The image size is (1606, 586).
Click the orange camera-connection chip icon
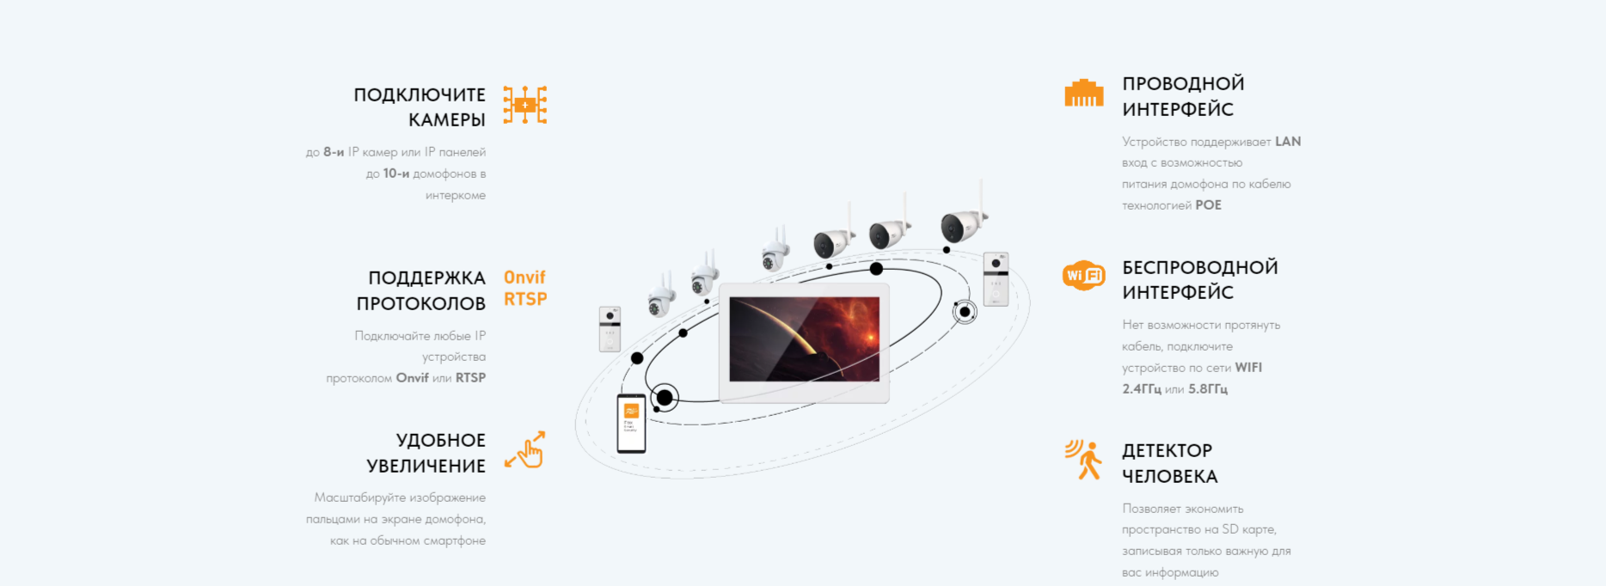[524, 105]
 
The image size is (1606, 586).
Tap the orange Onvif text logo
[524, 278]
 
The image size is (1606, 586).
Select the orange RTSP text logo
[525, 299]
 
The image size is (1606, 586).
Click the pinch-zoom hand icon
[525, 449]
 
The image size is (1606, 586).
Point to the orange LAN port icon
[1083, 93]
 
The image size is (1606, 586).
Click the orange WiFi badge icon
[1083, 275]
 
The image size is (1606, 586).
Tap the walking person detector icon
[1084, 459]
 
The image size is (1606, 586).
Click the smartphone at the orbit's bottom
[631, 423]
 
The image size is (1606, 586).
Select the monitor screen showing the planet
[804, 339]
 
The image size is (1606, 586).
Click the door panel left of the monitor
[610, 328]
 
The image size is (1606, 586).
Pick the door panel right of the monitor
[996, 278]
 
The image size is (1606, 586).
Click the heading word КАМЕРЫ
[447, 120]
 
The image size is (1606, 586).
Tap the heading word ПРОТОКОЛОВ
[421, 303]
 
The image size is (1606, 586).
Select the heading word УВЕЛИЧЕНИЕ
[426, 466]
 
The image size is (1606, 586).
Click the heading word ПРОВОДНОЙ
[1183, 83]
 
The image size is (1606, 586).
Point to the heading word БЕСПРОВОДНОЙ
[1199, 267]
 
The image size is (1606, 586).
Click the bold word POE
[1208, 205]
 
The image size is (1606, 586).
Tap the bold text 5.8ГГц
[1208, 389]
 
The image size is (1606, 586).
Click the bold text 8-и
[334, 152]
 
